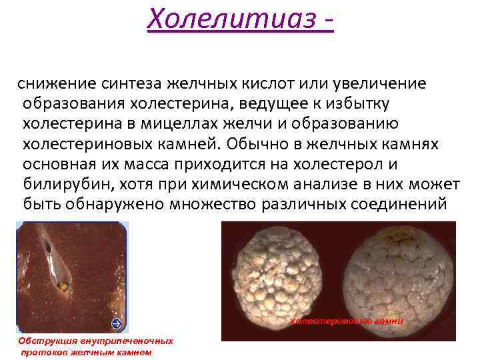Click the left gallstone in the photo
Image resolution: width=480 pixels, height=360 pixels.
tap(282, 280)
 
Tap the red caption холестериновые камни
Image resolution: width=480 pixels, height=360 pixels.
tap(346, 321)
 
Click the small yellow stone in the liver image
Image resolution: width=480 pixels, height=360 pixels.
tap(63, 286)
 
